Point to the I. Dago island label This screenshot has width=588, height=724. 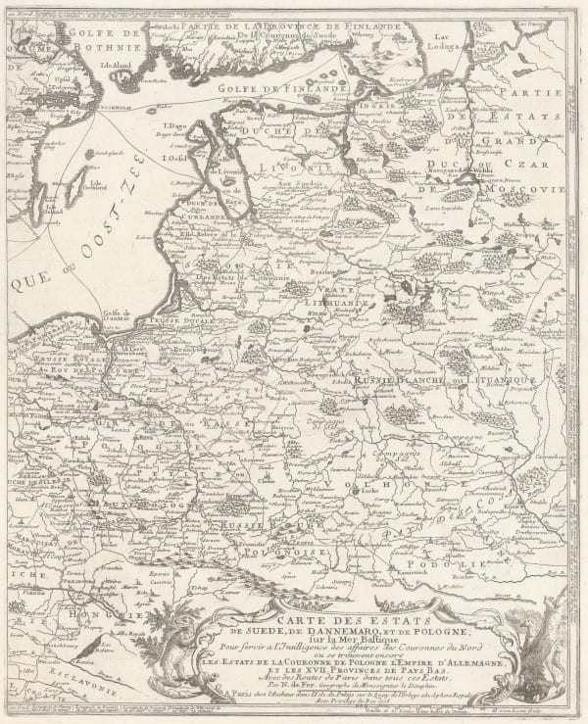coord(177,125)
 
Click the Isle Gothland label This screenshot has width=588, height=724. coord(95,182)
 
